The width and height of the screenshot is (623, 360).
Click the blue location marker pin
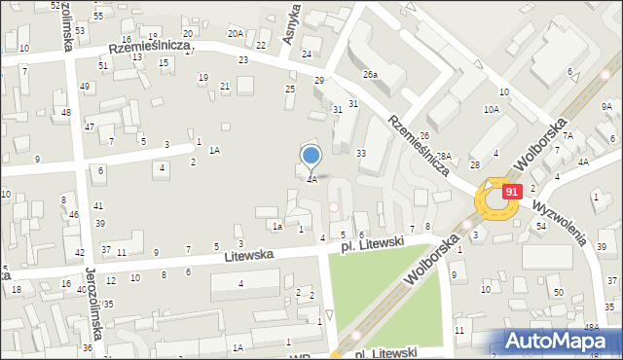311,156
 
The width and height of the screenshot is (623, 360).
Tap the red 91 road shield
511,192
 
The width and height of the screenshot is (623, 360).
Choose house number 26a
370,74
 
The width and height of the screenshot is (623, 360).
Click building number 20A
236,33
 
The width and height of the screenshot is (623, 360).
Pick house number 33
361,153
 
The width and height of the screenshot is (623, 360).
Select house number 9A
606,106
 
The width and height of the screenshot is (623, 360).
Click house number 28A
444,156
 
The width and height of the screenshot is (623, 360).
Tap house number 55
98,17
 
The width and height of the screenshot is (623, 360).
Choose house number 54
540,226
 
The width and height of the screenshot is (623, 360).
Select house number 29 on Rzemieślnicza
318,80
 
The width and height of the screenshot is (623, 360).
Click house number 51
102,65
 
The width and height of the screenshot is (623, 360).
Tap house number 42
80,253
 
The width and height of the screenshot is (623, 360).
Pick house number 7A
567,135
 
